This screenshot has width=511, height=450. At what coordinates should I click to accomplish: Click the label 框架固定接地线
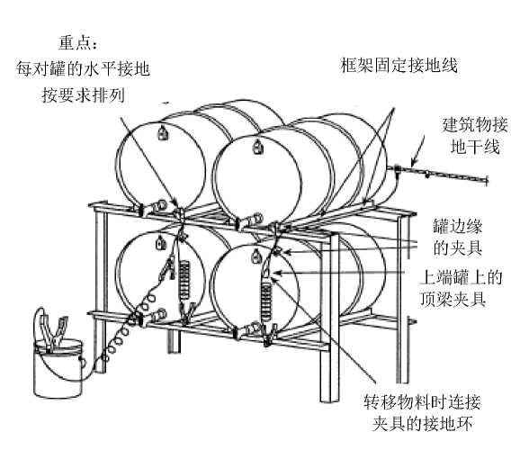click(x=399, y=65)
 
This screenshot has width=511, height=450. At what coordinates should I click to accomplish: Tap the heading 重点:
click(x=78, y=42)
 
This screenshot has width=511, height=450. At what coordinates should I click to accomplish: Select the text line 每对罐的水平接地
click(x=83, y=68)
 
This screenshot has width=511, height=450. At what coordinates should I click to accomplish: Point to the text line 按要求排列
click(x=84, y=95)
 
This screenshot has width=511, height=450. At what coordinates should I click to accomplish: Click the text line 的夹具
click(x=458, y=248)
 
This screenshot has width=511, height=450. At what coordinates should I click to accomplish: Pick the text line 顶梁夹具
click(x=453, y=299)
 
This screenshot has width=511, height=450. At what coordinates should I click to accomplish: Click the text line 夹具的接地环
click(x=422, y=424)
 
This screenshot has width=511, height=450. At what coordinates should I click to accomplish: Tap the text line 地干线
click(x=475, y=146)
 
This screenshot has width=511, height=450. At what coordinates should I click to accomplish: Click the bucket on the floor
click(x=58, y=368)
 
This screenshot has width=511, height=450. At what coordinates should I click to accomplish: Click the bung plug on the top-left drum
click(x=162, y=132)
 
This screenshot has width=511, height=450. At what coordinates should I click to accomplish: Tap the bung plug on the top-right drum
click(x=258, y=147)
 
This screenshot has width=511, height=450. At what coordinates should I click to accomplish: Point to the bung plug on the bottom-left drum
click(x=160, y=243)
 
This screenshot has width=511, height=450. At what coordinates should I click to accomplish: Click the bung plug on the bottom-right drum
click(x=256, y=256)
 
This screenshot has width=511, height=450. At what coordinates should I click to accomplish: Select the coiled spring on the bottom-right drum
click(x=266, y=301)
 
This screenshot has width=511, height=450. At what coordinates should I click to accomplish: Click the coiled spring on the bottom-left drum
click(x=184, y=280)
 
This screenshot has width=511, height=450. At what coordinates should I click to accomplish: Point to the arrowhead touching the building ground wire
click(x=413, y=162)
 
